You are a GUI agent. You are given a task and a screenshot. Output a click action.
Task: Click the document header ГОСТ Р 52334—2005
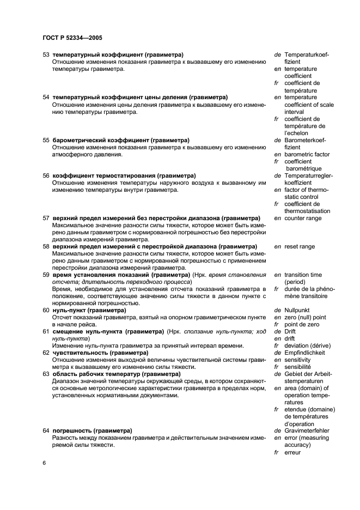pos(72,38)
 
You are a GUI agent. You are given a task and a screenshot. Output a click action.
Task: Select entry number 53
pos(46,55)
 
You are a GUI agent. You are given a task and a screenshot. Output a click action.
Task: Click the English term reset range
pos(300,246)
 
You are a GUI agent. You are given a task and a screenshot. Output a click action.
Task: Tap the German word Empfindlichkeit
pos(307,353)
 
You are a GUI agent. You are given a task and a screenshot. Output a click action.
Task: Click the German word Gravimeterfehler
pos(308,430)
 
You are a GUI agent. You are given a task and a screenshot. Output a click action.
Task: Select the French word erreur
pos(293,452)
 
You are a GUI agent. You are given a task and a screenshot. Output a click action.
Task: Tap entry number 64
pos(46,430)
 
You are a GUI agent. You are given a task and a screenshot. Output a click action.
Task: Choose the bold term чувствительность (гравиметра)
pos(100,353)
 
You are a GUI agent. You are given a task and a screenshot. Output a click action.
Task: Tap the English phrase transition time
pos(303,275)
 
